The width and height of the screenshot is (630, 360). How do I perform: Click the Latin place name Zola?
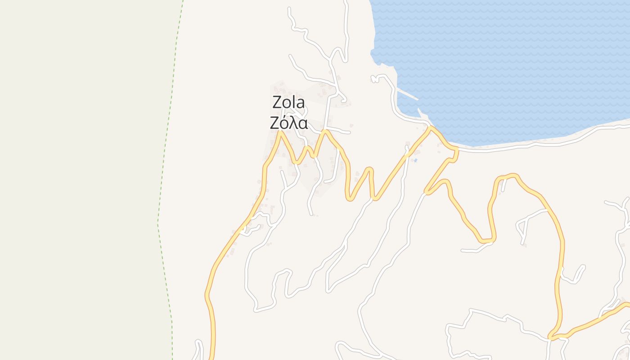point(288,103)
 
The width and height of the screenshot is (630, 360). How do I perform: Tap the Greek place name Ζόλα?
point(288,122)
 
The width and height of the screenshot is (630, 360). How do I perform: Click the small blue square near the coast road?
point(415,160)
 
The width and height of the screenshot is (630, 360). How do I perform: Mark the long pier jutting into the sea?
point(408,94)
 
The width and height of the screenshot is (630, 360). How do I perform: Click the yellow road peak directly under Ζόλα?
point(280,132)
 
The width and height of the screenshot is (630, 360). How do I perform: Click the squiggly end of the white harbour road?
point(373,79)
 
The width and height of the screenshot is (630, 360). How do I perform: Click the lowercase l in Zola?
point(294,102)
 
